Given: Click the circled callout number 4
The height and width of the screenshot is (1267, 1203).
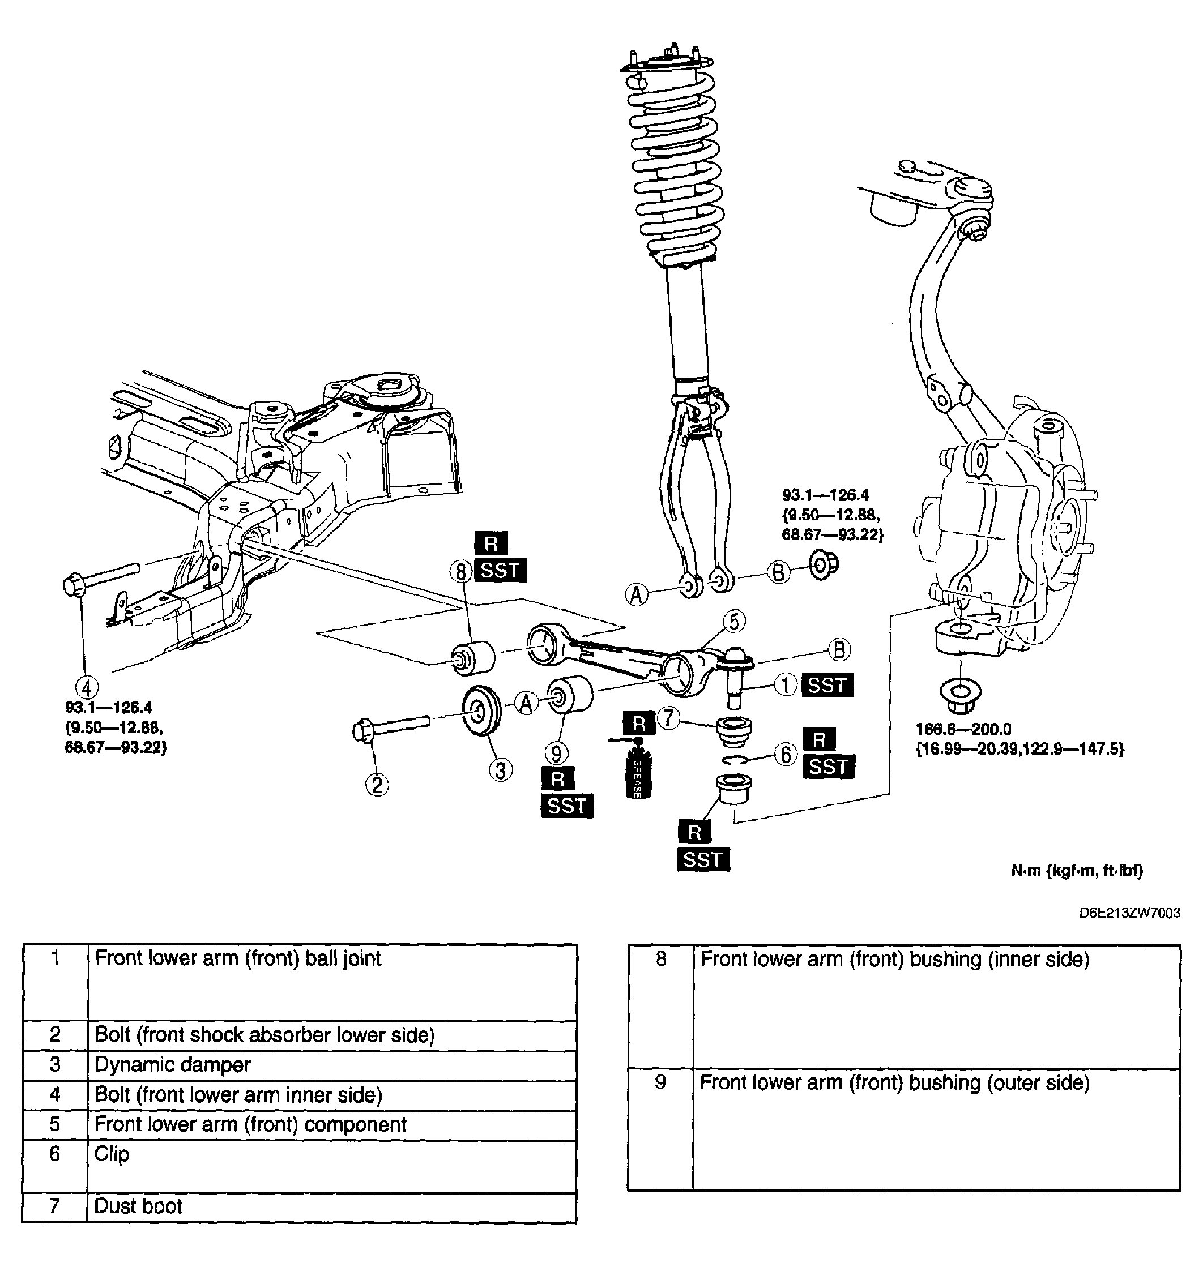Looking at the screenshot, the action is click(x=87, y=688).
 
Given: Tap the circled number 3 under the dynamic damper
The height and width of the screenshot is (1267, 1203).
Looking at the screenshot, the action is click(x=500, y=770).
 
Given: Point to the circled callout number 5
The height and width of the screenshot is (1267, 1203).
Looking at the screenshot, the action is click(x=733, y=621).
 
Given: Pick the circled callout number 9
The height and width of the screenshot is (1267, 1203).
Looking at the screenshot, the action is click(x=556, y=754).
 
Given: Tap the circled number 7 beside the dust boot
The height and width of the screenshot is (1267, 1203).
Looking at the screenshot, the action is click(x=668, y=718).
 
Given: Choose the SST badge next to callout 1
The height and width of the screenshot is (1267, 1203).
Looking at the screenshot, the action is click(x=828, y=685).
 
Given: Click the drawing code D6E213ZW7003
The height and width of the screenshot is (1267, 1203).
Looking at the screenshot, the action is click(x=1129, y=913).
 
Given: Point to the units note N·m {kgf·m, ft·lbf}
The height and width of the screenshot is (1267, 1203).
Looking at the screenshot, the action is click(x=1077, y=870).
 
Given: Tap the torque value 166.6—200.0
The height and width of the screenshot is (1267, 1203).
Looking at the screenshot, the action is click(x=963, y=729).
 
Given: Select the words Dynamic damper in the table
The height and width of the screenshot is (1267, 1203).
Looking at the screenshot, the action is click(x=173, y=1065).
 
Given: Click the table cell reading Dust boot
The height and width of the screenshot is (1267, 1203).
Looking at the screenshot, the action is click(x=331, y=1207).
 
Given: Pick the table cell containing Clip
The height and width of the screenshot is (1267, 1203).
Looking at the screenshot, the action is click(x=331, y=1166).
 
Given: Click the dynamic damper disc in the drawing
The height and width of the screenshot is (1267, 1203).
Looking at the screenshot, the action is click(x=481, y=712).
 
